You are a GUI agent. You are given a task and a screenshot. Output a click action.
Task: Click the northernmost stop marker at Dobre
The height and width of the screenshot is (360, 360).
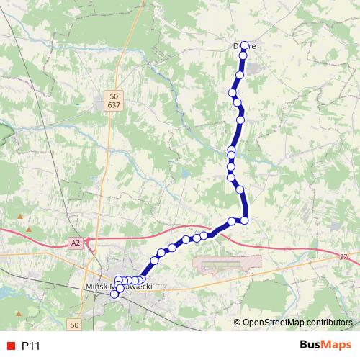[244, 45]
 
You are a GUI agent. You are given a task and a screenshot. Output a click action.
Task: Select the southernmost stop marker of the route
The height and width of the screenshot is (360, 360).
[114, 294]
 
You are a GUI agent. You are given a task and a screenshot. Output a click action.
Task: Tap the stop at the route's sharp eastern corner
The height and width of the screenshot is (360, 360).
[245, 220]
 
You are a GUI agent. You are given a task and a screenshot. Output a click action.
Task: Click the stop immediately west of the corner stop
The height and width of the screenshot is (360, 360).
[232, 220]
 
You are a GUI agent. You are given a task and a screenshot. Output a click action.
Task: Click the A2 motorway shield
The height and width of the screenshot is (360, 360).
[76, 243]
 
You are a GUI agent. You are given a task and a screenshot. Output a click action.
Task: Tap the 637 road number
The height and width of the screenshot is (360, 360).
[114, 105]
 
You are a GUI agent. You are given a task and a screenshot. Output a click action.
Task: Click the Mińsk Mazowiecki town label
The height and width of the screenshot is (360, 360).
[119, 285]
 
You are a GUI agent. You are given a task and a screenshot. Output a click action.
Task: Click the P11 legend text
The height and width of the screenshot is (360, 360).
[31, 346]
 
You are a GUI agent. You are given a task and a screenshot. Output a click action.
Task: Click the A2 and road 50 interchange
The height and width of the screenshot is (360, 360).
[91, 243]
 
